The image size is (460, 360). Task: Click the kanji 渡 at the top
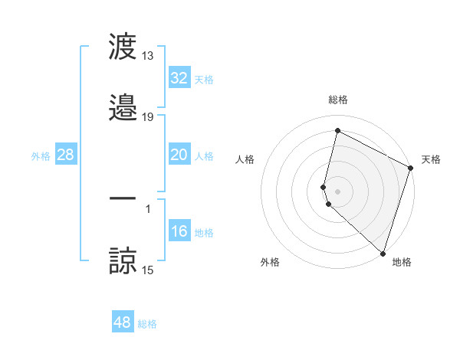click(123, 48)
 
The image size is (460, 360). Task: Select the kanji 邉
click(123, 109)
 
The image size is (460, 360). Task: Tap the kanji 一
click(123, 199)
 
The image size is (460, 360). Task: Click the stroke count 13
click(148, 56)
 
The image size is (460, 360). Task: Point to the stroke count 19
click(148, 117)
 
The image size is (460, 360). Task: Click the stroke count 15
click(148, 270)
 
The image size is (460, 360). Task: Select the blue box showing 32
click(179, 78)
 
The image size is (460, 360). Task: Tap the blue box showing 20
click(179, 155)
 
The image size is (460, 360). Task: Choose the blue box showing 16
click(179, 231)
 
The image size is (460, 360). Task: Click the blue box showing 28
click(66, 155)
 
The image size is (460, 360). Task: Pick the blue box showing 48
click(123, 322)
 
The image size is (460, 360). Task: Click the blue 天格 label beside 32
click(204, 79)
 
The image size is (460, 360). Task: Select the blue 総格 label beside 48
click(147, 323)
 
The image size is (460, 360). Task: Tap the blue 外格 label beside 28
click(41, 155)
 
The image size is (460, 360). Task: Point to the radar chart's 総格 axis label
click(337, 100)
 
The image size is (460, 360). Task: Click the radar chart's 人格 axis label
click(245, 159)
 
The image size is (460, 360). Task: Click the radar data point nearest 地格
click(383, 254)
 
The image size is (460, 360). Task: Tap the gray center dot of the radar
click(337, 190)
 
